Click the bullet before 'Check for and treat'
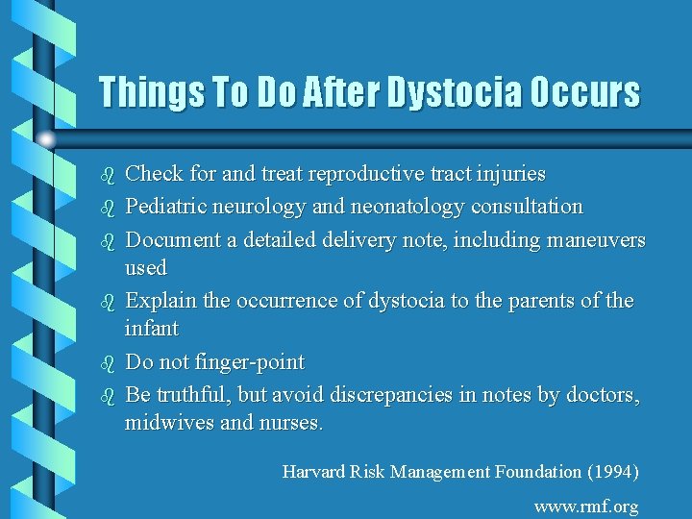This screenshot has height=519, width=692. pos(107,176)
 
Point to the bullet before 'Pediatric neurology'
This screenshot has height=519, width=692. pos(107,208)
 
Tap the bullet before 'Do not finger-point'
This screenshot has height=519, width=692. pos(107,364)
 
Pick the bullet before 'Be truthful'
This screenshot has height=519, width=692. pos(107,395)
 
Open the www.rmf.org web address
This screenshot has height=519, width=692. pos(586,507)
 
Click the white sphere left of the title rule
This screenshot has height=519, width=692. pos(45,140)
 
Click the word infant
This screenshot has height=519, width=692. pos(152,329)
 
